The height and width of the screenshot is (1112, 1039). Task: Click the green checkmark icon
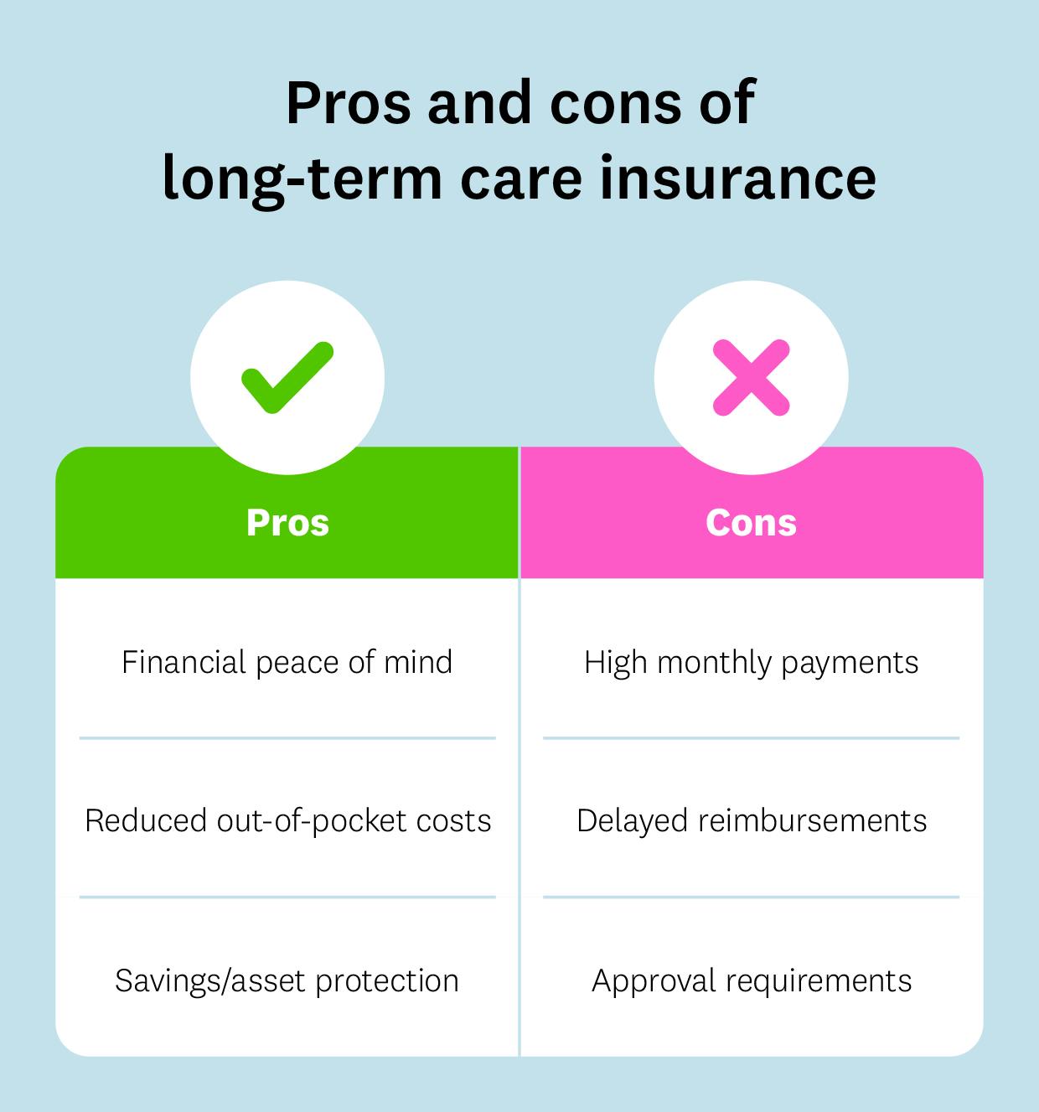(287, 378)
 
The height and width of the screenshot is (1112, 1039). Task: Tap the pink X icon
(751, 378)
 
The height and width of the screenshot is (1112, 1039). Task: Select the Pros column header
(287, 522)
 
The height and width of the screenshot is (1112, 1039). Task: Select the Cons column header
(751, 522)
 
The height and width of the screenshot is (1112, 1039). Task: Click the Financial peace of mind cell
(287, 662)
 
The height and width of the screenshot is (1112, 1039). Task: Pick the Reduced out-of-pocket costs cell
(287, 820)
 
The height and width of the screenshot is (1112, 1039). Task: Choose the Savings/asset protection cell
(287, 980)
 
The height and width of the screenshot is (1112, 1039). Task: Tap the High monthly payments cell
(751, 662)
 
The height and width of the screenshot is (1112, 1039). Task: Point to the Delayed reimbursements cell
(751, 820)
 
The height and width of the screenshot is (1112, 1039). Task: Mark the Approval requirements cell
(751, 980)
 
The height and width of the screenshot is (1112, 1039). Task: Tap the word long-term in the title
(302, 178)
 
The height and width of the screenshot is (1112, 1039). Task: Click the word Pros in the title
(349, 104)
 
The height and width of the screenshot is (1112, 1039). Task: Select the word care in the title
(520, 178)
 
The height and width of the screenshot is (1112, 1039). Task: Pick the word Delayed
(632, 820)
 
